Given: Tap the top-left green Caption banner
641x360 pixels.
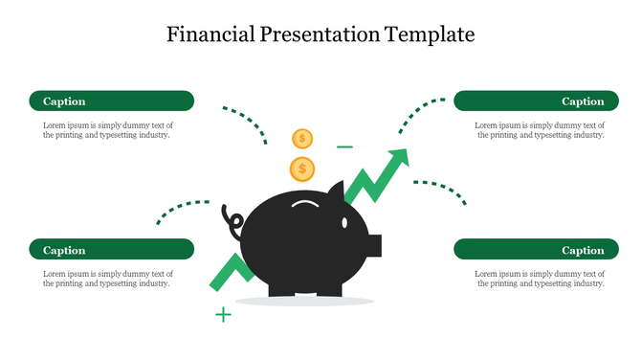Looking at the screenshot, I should click(111, 101).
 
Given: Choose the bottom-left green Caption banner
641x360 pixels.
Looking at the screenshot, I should click(111, 250).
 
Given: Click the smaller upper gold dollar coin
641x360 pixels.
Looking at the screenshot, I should click(302, 139).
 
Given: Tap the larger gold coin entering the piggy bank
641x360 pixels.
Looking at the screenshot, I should click(302, 169).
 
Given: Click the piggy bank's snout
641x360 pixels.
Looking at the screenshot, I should click(374, 245).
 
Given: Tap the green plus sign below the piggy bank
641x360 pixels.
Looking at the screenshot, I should click(223, 314).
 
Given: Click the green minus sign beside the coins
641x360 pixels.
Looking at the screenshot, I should click(344, 147).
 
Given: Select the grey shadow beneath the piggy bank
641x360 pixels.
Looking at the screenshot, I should click(304, 301).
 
